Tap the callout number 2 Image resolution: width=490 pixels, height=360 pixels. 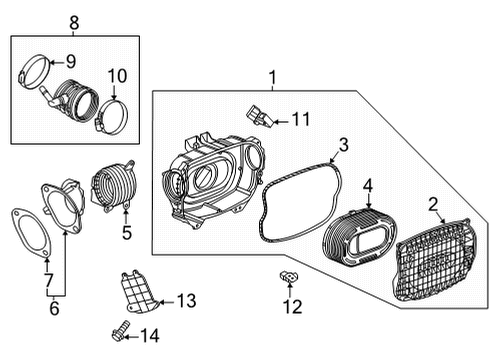click(x=433, y=207)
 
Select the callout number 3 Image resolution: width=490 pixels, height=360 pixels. click(x=342, y=147)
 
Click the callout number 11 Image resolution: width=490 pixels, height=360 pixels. click(x=300, y=120)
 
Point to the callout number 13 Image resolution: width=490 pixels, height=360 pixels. click(x=186, y=301)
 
